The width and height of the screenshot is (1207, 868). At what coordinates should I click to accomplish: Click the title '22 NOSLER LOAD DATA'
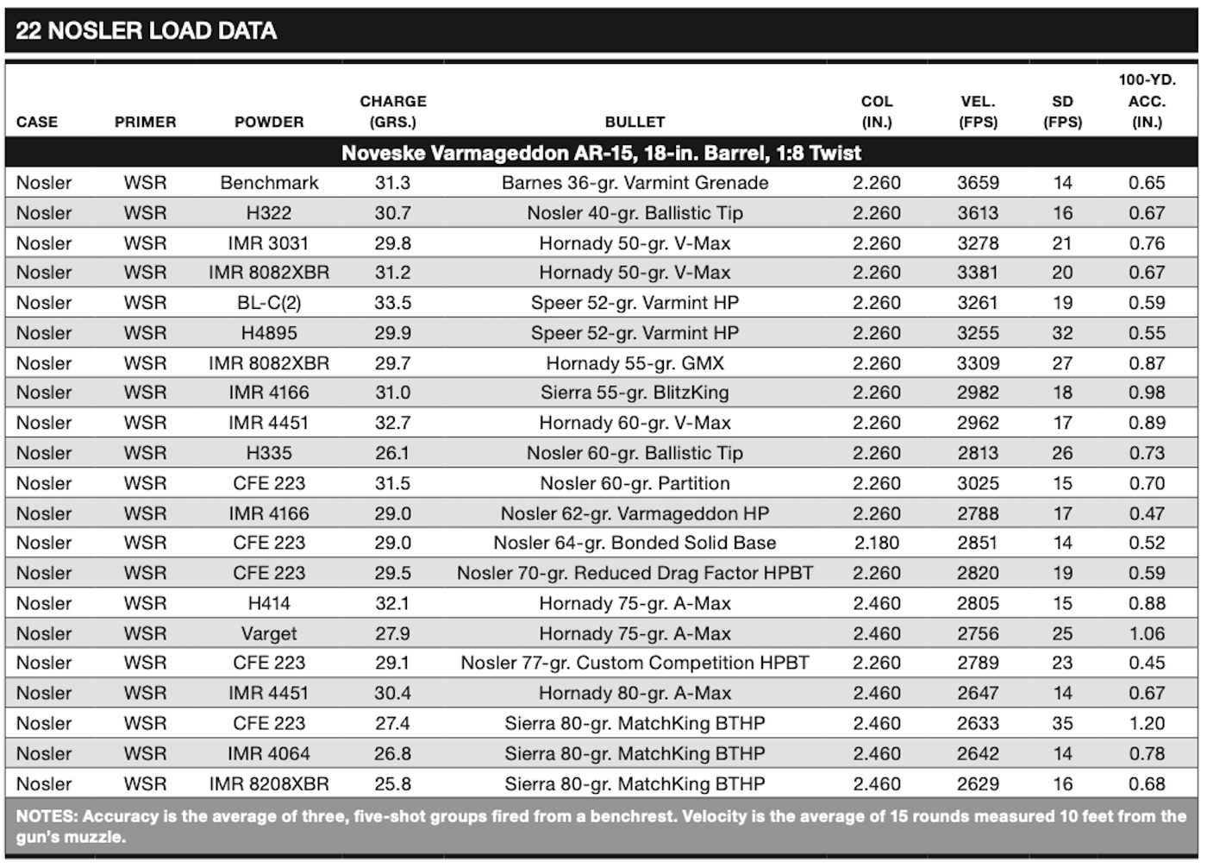pos(146,31)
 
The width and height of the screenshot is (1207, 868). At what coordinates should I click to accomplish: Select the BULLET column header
pos(635,122)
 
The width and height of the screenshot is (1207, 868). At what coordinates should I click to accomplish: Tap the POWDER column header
pos(269,122)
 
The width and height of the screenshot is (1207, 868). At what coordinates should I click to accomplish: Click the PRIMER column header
pos(146,122)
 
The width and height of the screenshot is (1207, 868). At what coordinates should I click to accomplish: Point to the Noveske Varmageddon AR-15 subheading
pos(602,153)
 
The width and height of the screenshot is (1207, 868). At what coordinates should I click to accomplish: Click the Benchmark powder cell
pos(269,183)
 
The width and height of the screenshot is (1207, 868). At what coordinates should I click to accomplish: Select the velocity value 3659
pos(978,183)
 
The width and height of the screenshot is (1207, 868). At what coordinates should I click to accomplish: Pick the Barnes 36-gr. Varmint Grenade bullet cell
pos(635,183)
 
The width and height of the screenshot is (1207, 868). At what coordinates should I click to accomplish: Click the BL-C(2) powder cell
pos(269,303)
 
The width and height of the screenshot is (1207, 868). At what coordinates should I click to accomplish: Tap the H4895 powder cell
pos(269,333)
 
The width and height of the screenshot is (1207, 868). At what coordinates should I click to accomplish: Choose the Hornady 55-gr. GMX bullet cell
pos(635,363)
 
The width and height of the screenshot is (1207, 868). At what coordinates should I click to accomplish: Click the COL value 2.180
pos(877,543)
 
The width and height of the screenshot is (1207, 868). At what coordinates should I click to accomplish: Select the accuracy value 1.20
pos(1148,724)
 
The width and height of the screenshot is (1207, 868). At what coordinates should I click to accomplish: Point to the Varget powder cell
pos(269,634)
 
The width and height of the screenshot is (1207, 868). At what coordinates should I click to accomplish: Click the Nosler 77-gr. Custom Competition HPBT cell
pos(635,664)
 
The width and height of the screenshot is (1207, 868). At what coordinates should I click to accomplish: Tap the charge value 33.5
pos(393,303)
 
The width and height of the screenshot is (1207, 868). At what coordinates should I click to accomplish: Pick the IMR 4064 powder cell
pos(269,754)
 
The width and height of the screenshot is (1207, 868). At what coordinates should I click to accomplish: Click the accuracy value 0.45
pos(1148,664)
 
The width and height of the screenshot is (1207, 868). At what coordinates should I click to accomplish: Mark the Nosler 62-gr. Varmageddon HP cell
pos(635,513)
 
